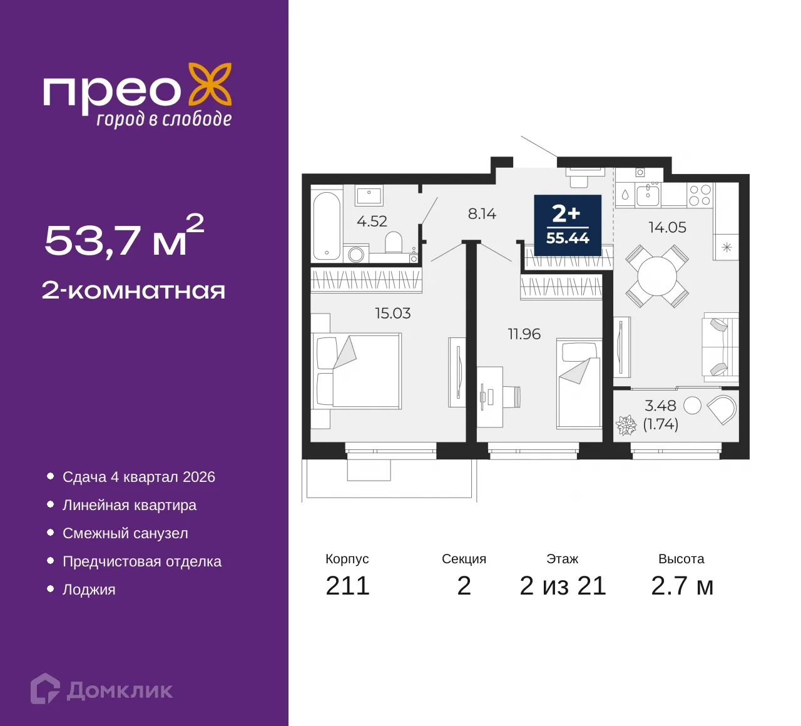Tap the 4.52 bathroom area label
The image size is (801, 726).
pyautogui.click(x=372, y=221)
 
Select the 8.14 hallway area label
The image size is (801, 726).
pyautogui.click(x=482, y=214)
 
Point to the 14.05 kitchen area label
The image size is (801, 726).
pyautogui.click(x=667, y=228)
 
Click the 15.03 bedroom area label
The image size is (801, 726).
pyautogui.click(x=392, y=313)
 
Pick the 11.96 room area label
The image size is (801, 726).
pyautogui.click(x=524, y=334)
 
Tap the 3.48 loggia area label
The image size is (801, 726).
pyautogui.click(x=660, y=406)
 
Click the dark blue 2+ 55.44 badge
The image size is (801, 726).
pyautogui.click(x=568, y=225)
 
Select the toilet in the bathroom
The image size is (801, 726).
pyautogui.click(x=394, y=242)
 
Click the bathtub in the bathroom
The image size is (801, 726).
pyautogui.click(x=327, y=225)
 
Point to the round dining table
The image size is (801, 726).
pyautogui.click(x=657, y=276)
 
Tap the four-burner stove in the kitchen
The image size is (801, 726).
pyautogui.click(x=700, y=195)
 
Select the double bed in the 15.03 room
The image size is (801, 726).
pyautogui.click(x=357, y=371)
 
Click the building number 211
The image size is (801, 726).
pyautogui.click(x=347, y=586)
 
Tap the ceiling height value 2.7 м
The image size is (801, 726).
pyautogui.click(x=681, y=586)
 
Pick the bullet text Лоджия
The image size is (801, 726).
pyautogui.click(x=89, y=590)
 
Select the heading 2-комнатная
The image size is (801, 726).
pyautogui.click(x=133, y=291)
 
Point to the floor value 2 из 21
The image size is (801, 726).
pyautogui.click(x=563, y=586)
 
